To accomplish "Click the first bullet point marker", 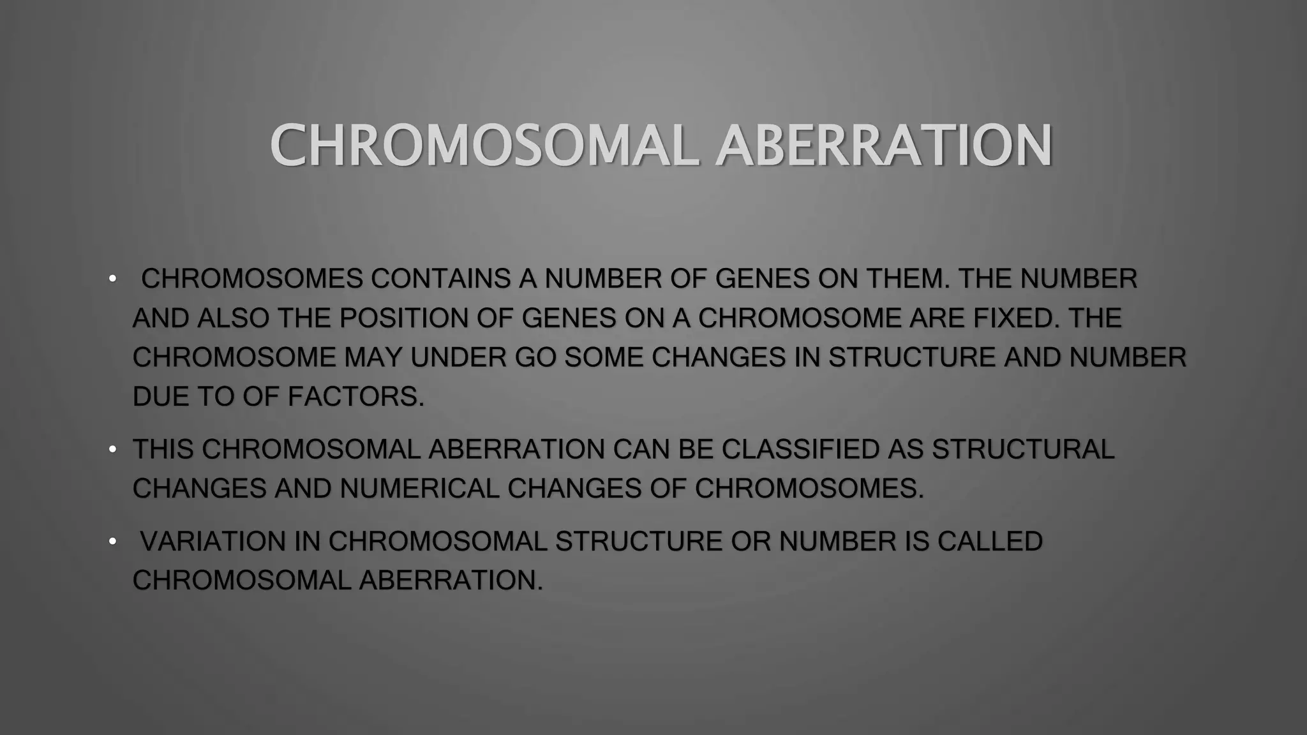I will (112, 279).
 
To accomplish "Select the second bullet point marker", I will (112, 449).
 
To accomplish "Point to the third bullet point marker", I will (112, 542).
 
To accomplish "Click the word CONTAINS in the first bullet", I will (441, 279).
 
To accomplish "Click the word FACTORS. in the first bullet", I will (355, 397).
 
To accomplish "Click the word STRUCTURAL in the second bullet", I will (1023, 449).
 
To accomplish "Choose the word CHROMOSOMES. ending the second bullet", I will (809, 489).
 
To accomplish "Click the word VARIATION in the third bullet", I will (213, 542).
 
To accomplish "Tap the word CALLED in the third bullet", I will (989, 542).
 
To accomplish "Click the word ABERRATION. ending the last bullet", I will (451, 581).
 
